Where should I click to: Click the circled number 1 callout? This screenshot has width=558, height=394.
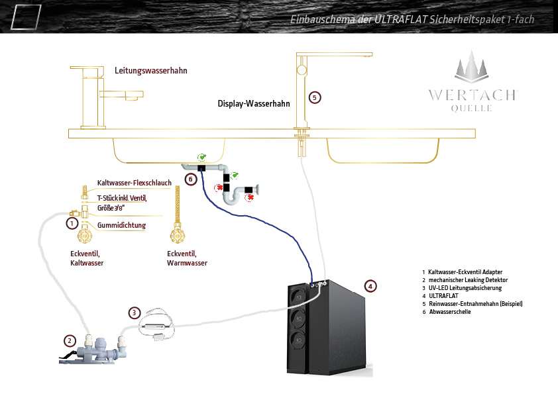[72, 223]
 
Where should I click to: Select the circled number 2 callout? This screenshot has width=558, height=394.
[70, 340]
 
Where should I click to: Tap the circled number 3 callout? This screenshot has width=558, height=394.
[134, 313]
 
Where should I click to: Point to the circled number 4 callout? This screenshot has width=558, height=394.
[370, 286]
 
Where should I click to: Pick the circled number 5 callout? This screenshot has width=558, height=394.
[315, 97]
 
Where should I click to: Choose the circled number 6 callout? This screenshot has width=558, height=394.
[191, 179]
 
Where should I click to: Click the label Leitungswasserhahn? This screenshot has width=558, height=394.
[151, 70]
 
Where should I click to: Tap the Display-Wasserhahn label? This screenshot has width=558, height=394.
[254, 103]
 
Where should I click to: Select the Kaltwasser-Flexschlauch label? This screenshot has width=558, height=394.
[134, 183]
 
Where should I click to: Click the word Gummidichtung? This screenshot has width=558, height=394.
[121, 225]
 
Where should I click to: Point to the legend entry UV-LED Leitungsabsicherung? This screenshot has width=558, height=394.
[465, 287]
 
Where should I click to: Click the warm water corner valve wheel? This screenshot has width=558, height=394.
[177, 235]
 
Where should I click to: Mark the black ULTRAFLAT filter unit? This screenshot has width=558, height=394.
[326, 327]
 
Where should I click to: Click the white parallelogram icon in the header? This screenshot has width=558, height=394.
[26, 17]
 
